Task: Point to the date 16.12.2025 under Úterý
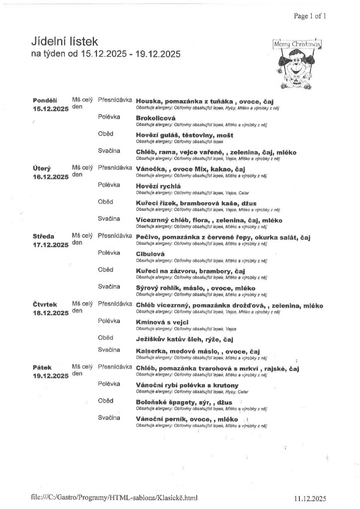[50, 176]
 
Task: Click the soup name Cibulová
[150, 254]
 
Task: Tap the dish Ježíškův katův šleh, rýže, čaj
[185, 339]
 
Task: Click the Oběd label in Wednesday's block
[105, 269]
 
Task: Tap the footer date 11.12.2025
[309, 497]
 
